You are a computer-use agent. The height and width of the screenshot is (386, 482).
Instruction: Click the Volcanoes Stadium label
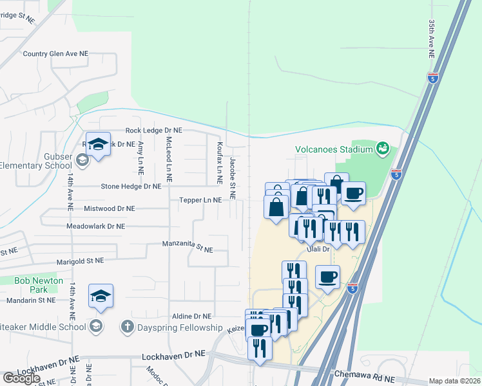pyautogui.click(x=334, y=149)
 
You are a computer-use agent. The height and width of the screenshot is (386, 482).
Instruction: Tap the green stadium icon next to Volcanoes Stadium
pyautogui.click(x=383, y=149)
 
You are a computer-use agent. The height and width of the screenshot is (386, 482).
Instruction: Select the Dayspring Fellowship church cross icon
pyautogui.click(x=127, y=327)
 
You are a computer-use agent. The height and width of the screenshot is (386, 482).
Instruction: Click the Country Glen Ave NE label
pyautogui.click(x=55, y=54)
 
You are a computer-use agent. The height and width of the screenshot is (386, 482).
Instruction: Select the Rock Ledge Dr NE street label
pyautogui.click(x=154, y=130)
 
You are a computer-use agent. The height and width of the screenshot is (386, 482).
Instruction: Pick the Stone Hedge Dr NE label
pyautogui.click(x=131, y=187)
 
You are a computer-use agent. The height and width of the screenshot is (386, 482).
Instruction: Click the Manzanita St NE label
pyautogui.click(x=188, y=246)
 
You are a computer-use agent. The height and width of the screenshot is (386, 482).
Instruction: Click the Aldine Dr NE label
pyautogui.click(x=192, y=317)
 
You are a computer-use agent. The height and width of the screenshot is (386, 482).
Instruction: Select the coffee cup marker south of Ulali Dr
pyautogui.click(x=327, y=277)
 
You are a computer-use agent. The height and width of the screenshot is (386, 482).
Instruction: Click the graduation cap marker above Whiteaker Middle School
pyautogui.click(x=101, y=296)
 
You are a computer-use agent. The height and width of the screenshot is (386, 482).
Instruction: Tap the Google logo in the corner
pyautogui.click(x=21, y=378)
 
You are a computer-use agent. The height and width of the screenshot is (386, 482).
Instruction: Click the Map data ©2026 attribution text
pyautogui.click(x=454, y=381)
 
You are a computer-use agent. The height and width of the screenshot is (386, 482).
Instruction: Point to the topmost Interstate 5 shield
pyautogui.click(x=433, y=78)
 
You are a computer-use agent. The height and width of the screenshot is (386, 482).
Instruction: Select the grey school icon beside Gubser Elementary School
pyautogui.click(x=82, y=160)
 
